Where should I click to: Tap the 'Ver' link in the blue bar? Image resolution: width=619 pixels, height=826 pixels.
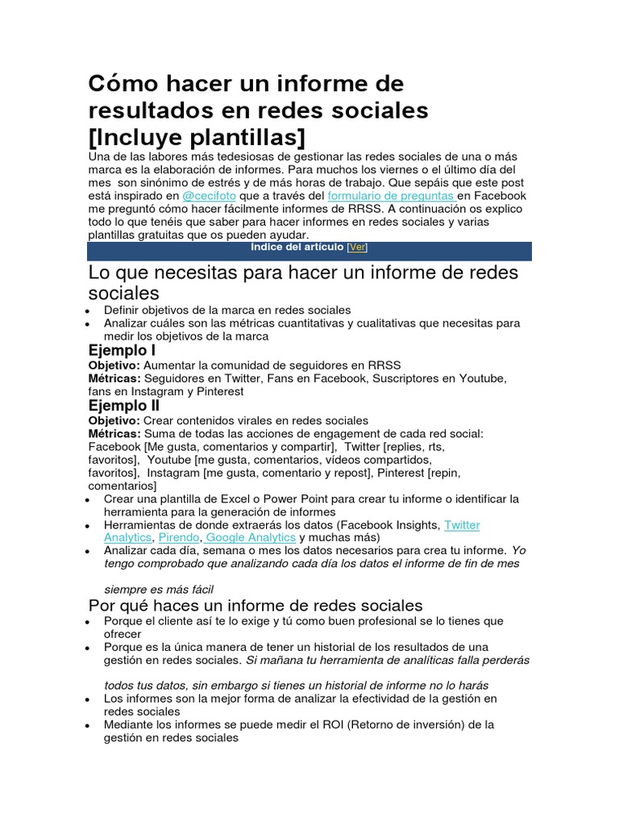356,248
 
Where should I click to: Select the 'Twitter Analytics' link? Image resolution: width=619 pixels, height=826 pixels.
462,525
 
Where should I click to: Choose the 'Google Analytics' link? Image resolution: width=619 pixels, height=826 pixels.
251,537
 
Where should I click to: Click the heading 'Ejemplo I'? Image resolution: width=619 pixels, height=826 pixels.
122,351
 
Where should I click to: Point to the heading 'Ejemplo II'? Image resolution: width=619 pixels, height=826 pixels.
124,406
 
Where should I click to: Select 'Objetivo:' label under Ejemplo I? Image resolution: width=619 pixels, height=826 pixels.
114,365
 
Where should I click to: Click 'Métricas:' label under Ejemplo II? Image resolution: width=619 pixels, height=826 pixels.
114,433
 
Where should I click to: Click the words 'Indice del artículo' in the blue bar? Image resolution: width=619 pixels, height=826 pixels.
297,248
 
